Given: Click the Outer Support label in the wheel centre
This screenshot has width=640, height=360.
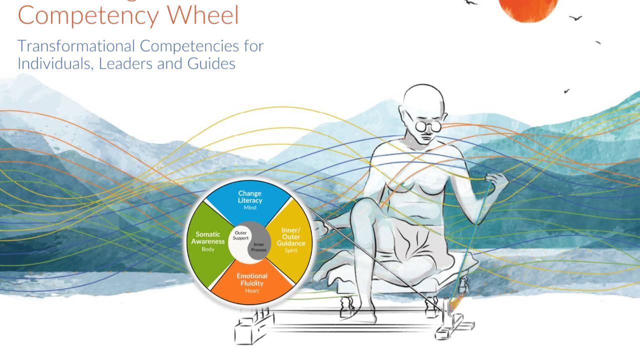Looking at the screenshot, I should [x=241, y=235].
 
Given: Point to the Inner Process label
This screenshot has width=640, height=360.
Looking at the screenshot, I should [x=258, y=247].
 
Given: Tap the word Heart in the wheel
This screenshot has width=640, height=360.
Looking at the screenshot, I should [x=252, y=291].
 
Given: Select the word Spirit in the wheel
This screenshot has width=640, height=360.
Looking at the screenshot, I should [x=291, y=250].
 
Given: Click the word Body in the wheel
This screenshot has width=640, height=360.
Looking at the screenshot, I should [x=208, y=249].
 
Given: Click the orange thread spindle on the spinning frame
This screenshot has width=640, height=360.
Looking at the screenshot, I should [x=455, y=303].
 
